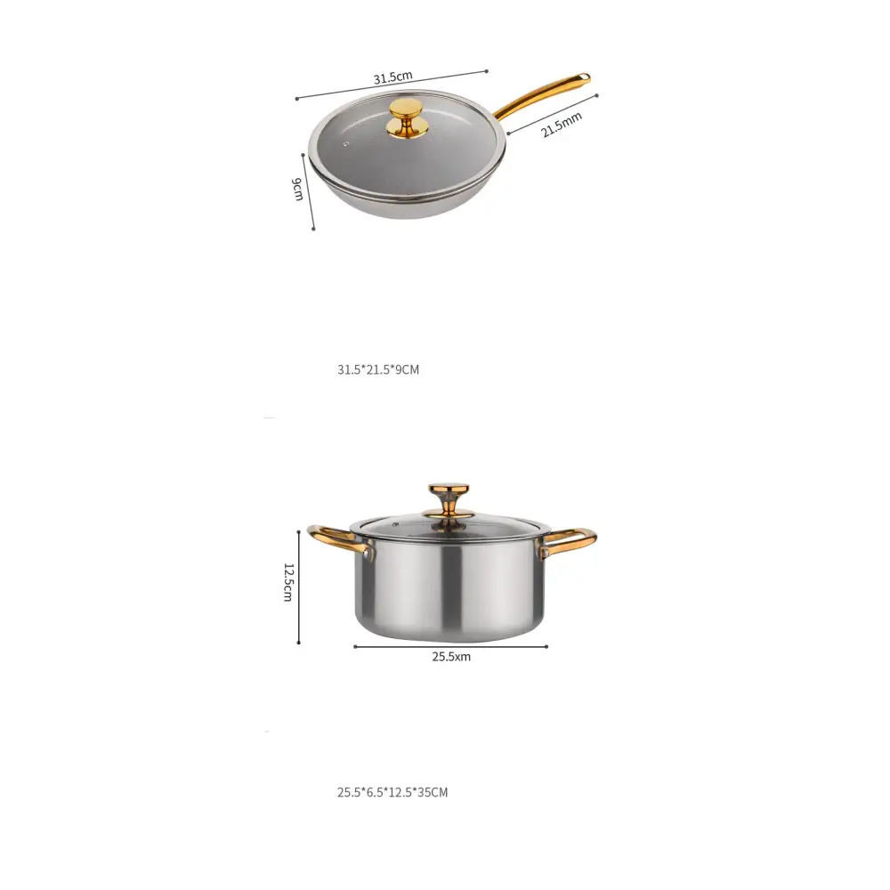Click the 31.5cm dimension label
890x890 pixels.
392,77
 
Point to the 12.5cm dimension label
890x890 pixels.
287,582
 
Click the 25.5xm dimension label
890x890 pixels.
451,658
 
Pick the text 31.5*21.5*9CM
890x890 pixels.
377,369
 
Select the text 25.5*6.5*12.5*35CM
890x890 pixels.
392,791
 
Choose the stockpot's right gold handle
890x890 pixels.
569,538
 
